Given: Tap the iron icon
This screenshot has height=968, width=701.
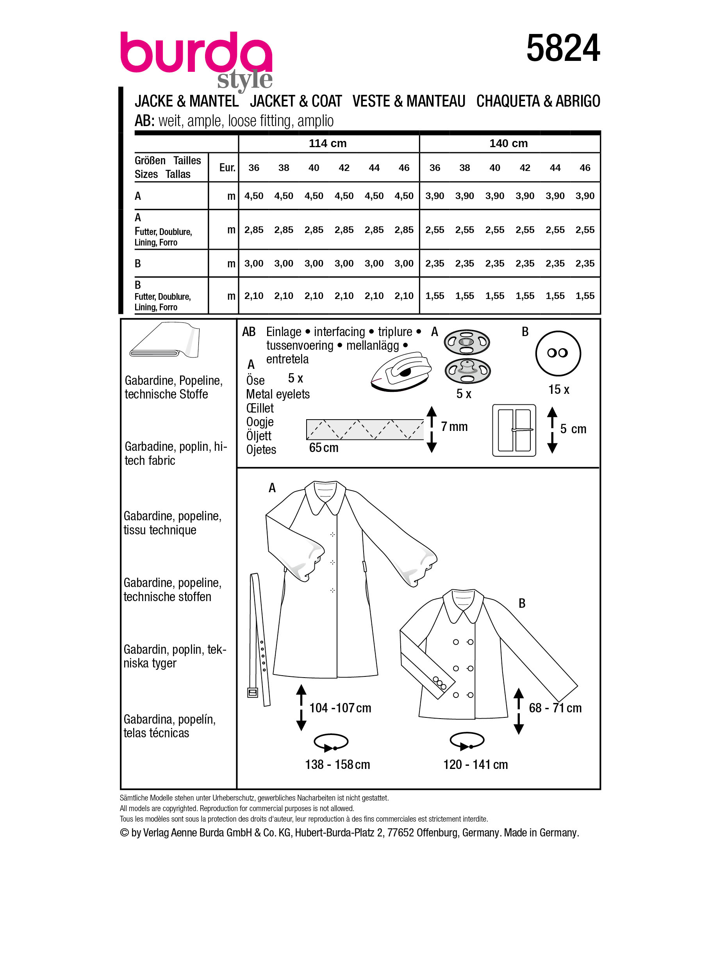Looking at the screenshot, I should [401, 372].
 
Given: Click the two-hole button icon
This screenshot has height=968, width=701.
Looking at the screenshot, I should [558, 353].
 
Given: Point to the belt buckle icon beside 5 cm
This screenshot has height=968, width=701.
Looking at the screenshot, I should [514, 430].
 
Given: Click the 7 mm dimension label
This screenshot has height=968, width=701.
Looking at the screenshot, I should [454, 426].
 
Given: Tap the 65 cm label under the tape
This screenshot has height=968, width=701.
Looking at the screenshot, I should [324, 448].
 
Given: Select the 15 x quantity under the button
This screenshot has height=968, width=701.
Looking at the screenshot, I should [558, 389].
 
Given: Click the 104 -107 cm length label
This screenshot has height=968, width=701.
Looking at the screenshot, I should [340, 708].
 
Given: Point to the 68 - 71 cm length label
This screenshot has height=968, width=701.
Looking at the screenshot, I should [555, 708].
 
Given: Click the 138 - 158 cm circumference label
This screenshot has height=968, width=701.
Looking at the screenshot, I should [337, 764].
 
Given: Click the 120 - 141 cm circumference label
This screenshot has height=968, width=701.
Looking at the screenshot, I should [475, 764].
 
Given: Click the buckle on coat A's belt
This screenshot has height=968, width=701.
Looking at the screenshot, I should [253, 692].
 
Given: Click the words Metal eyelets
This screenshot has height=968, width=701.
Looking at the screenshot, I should [278, 394].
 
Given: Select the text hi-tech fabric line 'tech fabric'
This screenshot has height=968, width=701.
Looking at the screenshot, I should [150, 461].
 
